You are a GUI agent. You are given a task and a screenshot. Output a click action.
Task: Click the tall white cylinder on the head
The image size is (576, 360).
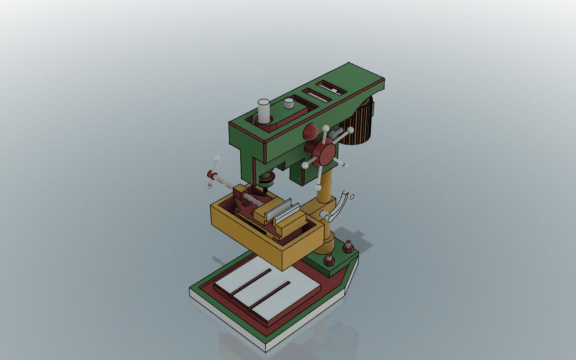coord(264,111)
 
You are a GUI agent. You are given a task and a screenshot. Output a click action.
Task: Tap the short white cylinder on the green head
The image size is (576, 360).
coord(289,104)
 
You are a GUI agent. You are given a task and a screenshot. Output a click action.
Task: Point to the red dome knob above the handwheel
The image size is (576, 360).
coord(310,132)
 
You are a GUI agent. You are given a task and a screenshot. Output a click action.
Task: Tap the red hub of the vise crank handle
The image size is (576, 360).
coord(211,175)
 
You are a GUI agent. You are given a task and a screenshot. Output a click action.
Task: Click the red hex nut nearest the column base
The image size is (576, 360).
coord(329,260)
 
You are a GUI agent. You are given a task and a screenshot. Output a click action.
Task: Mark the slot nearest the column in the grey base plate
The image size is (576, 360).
coord(271,295)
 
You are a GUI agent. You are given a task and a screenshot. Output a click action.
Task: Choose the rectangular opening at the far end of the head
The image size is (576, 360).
coord(331,88)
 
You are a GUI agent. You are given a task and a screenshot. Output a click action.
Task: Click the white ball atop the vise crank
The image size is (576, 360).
coord(217,159)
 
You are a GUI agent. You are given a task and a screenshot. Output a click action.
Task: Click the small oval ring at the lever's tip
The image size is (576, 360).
coord(352,197)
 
